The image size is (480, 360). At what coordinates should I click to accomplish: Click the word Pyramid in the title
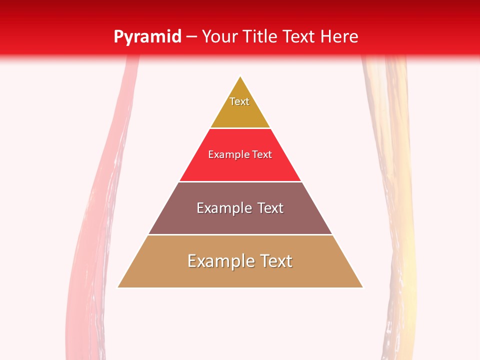(x=147, y=37)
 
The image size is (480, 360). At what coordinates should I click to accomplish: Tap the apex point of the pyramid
(x=240, y=76)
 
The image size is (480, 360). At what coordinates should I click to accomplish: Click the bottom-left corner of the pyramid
(x=118, y=287)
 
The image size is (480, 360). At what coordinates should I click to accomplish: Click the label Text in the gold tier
(x=239, y=101)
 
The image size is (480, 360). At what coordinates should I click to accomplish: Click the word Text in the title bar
(x=299, y=37)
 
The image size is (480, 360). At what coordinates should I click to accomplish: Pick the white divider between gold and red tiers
(x=240, y=128)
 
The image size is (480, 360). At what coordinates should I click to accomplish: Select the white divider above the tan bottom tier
(x=240, y=235)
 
